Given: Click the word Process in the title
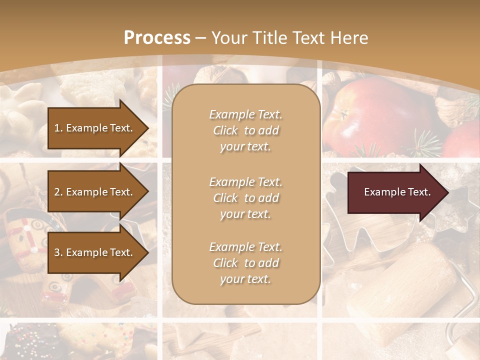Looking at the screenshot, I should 157,37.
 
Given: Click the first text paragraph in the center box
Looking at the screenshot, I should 245,130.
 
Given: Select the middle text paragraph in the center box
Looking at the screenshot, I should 245,198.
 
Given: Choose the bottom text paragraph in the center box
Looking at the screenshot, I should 245,263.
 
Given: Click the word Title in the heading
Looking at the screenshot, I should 272,37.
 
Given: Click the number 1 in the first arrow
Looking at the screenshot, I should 56,128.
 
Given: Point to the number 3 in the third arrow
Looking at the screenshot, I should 56,252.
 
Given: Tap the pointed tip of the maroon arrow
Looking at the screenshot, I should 447,192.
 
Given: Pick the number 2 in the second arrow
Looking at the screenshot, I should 56,192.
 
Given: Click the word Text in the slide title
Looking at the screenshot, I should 310,37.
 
